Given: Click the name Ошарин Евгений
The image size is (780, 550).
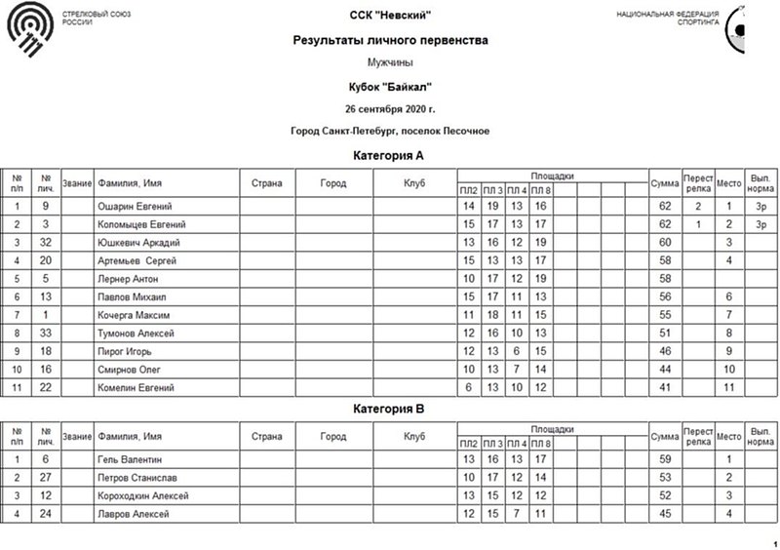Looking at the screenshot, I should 135,207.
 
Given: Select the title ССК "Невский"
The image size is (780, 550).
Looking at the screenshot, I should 390,15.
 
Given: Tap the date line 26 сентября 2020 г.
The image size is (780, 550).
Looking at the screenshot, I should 390,107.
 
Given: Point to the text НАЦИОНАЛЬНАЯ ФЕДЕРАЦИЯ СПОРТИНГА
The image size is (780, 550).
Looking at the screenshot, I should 668,18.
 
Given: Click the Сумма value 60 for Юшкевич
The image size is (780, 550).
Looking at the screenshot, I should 666,243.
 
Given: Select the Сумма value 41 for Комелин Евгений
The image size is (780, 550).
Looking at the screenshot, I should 666,388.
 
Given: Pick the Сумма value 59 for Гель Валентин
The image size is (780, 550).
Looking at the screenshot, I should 666,459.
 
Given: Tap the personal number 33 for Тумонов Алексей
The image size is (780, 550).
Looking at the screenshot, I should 46,334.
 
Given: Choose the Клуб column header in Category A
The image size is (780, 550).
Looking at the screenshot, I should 415,181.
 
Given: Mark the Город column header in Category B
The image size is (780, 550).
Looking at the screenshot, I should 332,435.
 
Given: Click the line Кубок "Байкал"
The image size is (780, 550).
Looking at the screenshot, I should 390,86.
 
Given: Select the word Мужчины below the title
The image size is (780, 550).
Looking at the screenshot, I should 390,62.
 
